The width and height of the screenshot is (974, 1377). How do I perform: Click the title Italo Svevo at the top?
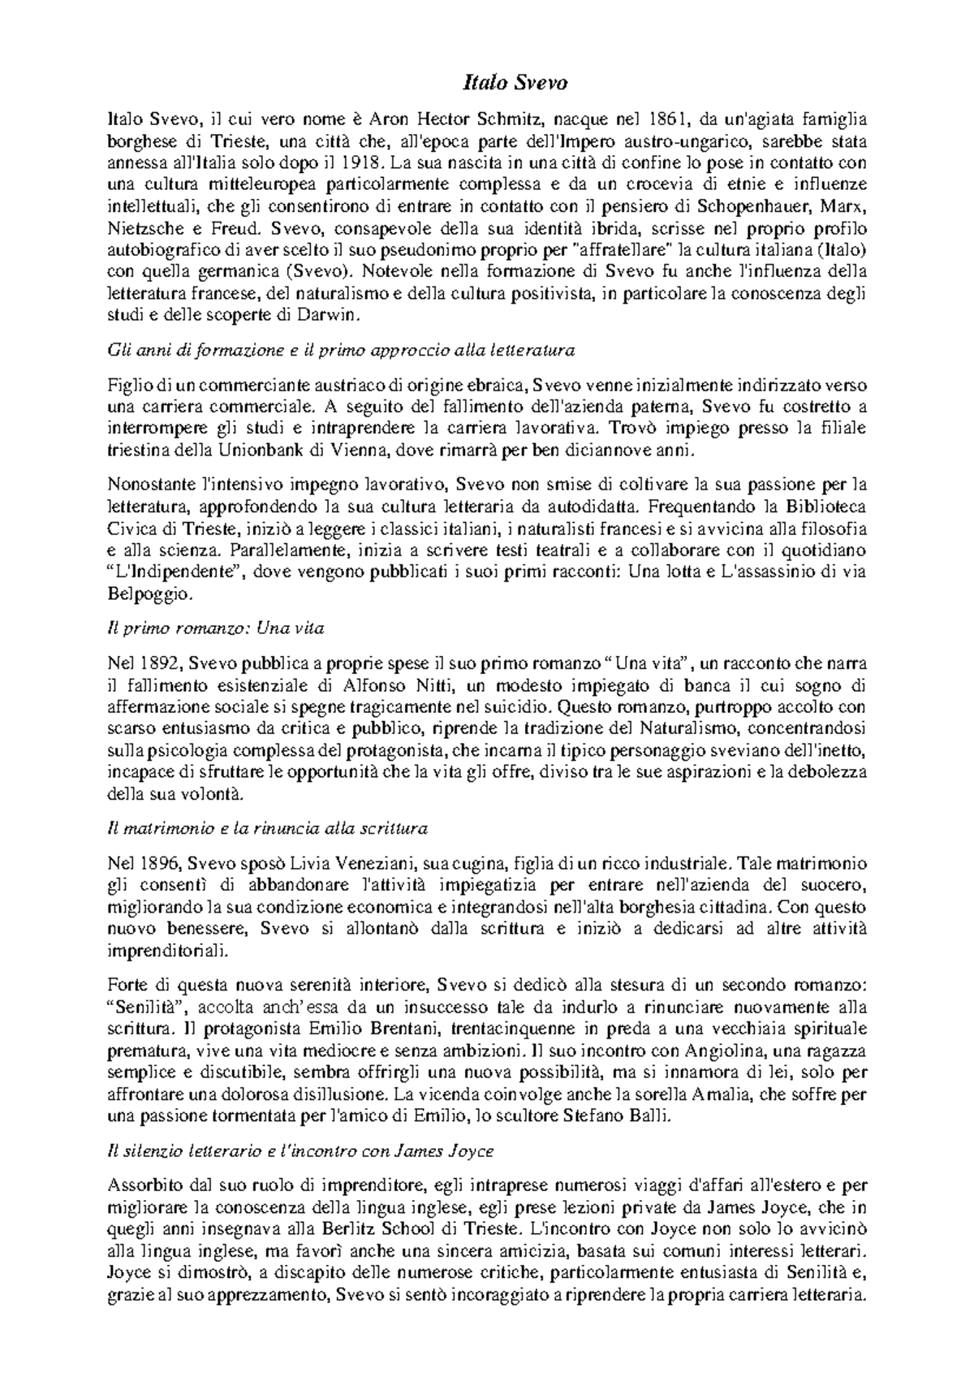pos(515,83)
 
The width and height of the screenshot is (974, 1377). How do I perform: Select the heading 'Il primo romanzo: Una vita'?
pos(216,628)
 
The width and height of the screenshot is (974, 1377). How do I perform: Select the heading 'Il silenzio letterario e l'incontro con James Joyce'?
pos(300,1151)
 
